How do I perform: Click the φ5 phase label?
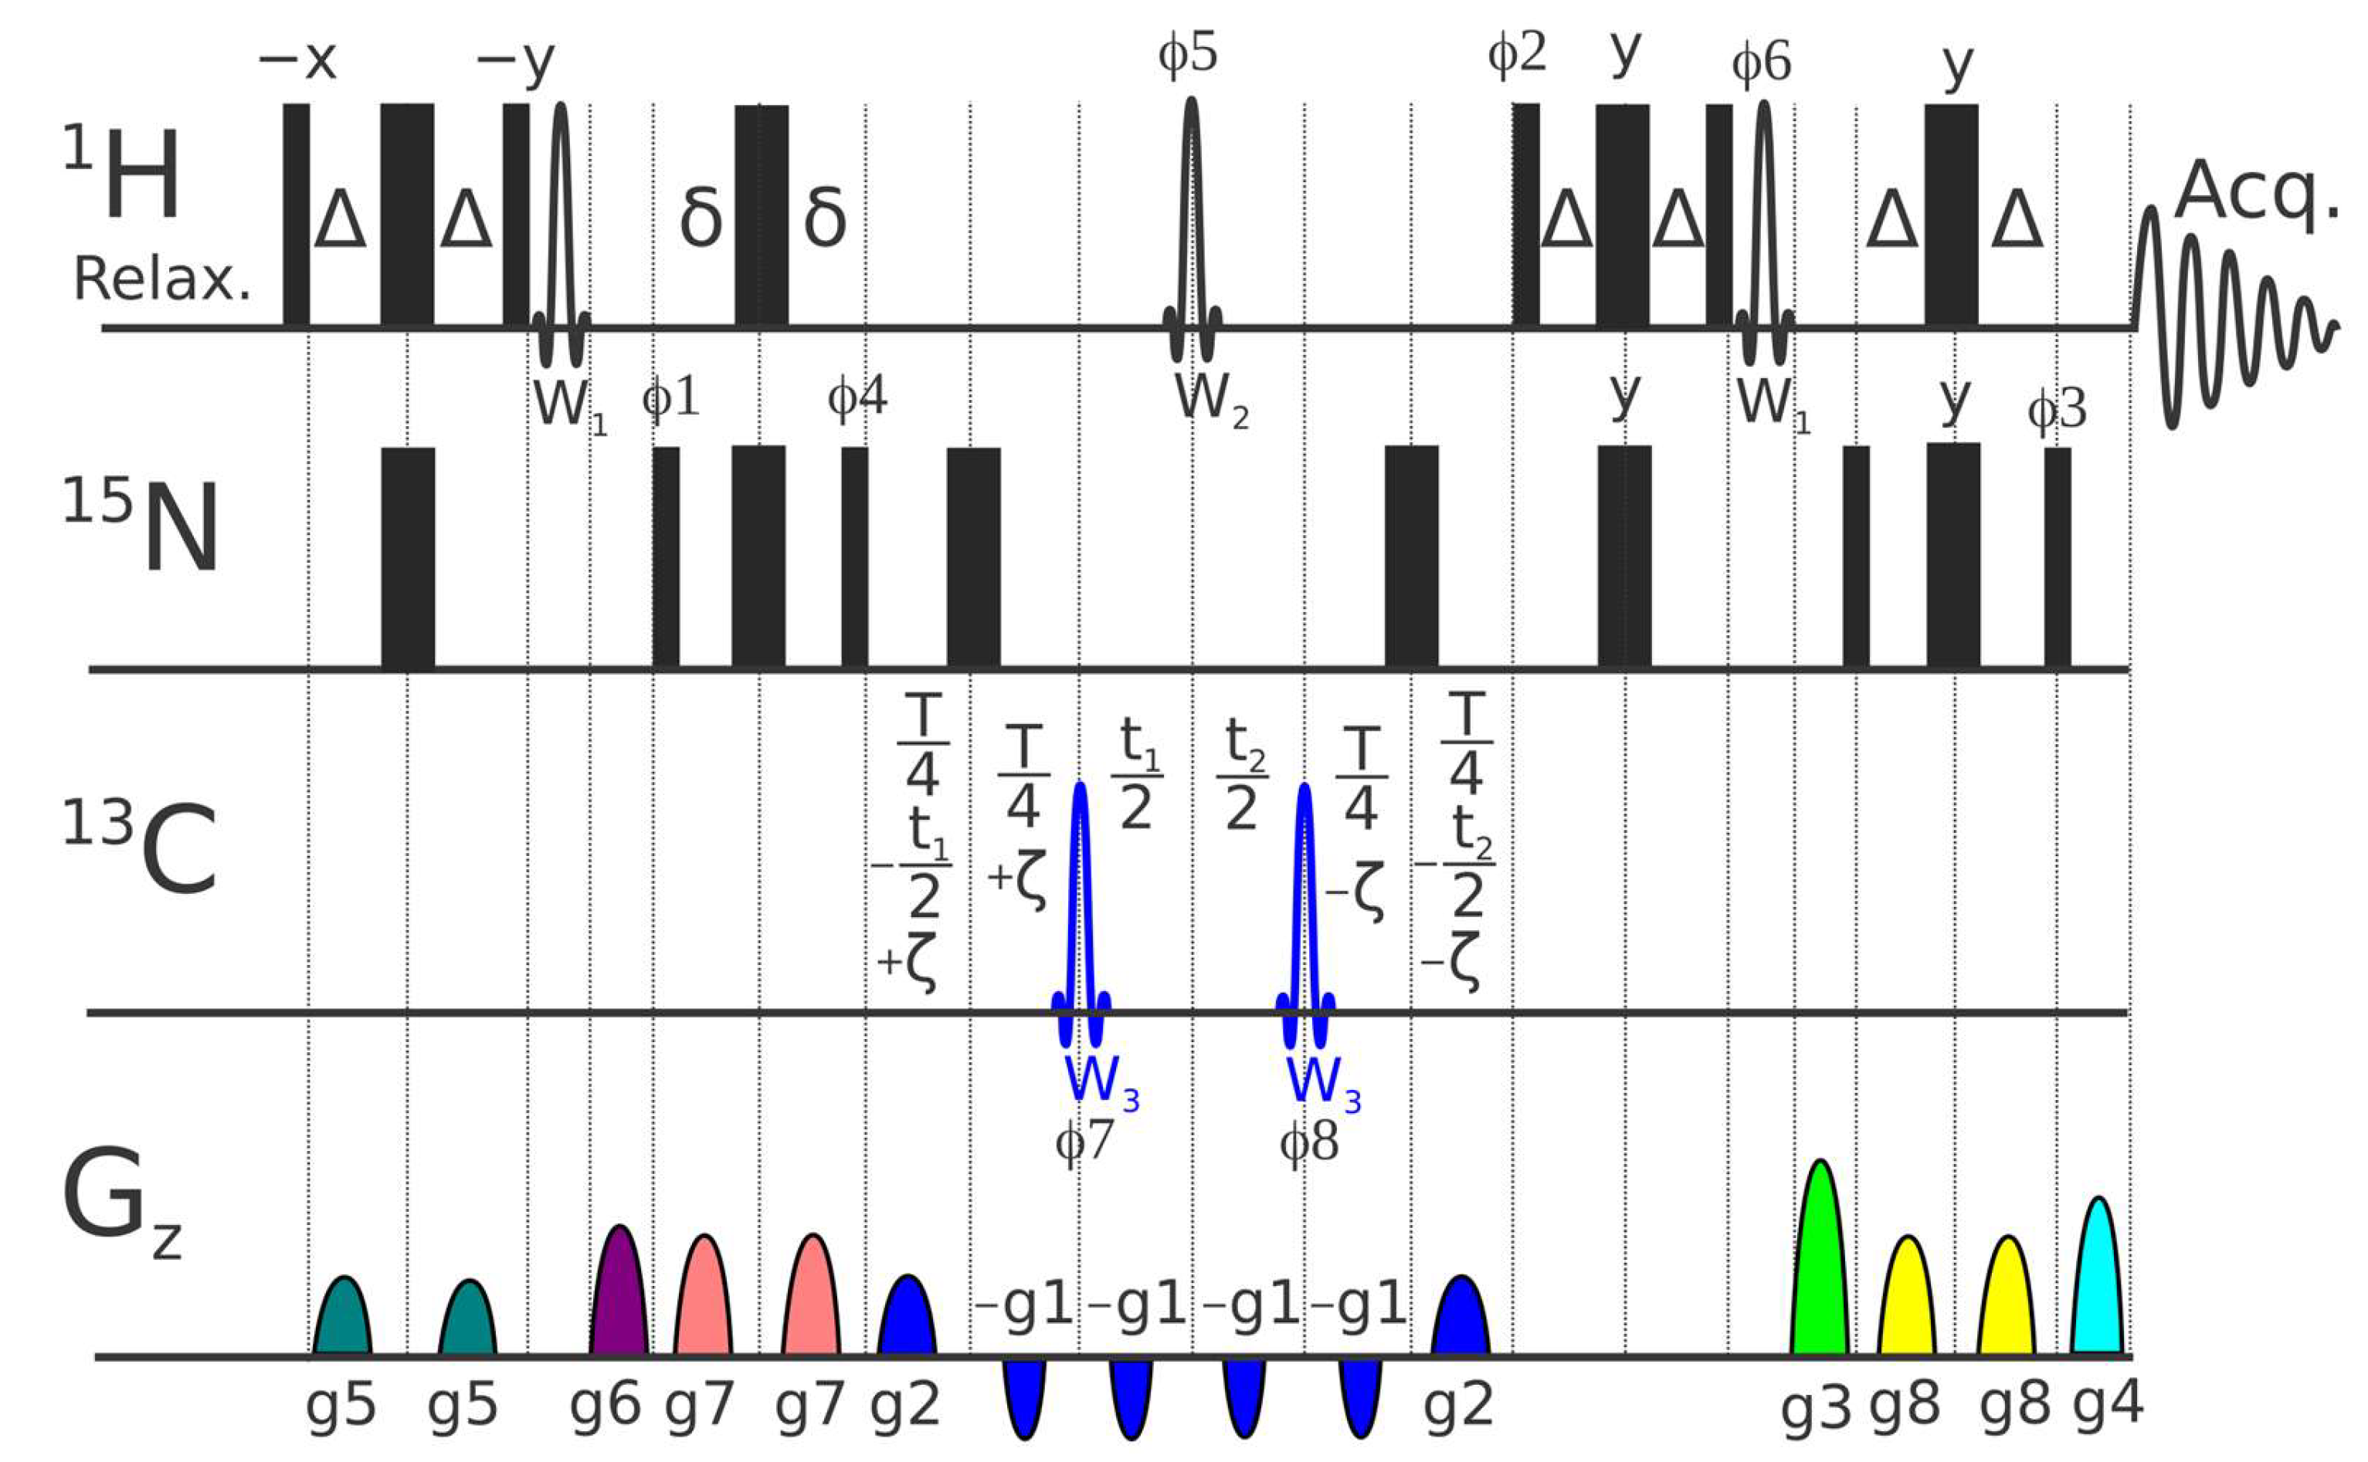[x=1188, y=53]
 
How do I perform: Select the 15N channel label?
[x=141, y=527]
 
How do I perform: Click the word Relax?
[x=161, y=280]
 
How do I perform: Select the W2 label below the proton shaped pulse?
[x=1211, y=399]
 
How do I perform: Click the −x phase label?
[x=297, y=60]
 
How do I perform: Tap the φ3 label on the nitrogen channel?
[x=2057, y=410]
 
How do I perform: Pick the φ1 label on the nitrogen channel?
[x=670, y=398]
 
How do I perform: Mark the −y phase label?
[x=516, y=62]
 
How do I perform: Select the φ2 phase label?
[x=1517, y=53]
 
